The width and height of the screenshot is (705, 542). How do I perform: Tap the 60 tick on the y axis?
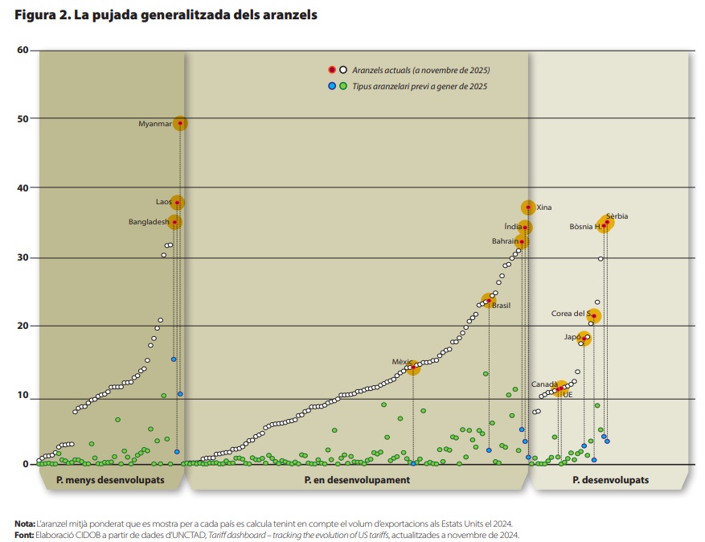tap(23, 50)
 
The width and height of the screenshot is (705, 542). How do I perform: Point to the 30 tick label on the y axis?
tap(23, 257)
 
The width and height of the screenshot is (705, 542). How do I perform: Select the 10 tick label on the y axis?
tap(23, 396)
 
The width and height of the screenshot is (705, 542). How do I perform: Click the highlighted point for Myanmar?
tap(180, 123)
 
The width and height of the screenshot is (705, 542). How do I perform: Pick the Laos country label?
tap(164, 202)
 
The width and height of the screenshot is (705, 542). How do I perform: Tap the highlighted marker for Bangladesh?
tap(174, 222)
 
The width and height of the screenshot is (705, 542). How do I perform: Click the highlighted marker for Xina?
tap(528, 207)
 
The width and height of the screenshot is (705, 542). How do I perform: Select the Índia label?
tap(512, 227)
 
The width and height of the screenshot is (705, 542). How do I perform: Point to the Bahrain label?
tap(505, 240)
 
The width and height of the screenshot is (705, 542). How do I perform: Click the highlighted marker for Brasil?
tap(487, 301)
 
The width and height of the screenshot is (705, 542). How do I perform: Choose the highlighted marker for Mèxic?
tap(413, 367)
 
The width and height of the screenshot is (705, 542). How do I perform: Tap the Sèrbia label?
tap(617, 216)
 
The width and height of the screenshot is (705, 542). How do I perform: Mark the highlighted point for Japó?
tap(584, 339)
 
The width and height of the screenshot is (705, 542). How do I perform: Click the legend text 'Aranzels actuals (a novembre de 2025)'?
tap(420, 71)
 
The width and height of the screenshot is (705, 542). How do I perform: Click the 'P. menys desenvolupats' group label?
tap(110, 480)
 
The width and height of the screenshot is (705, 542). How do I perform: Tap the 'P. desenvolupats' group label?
tap(610, 480)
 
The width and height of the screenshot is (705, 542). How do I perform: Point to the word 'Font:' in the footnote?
tap(24, 534)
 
